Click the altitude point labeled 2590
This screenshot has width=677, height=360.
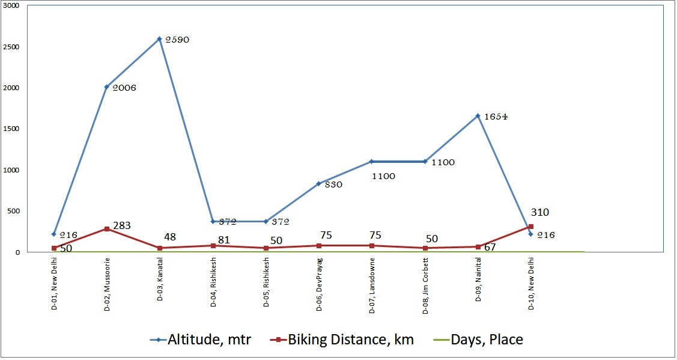click(160, 38)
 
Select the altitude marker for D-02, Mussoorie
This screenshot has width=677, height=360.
click(107, 87)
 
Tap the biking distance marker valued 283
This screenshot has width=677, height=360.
click(107, 229)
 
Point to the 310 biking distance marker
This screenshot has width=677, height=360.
click(531, 227)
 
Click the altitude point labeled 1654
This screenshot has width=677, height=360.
click(478, 115)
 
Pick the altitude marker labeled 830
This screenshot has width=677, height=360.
click(319, 183)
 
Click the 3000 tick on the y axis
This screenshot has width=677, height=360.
click(11, 5)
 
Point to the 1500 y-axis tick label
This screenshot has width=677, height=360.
click(11, 129)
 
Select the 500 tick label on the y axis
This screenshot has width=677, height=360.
click(13, 211)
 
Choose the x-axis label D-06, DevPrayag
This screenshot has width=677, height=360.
click(319, 286)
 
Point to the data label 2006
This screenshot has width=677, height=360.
click(124, 88)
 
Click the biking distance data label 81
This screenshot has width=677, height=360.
click(223, 239)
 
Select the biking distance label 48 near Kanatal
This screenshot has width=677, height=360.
click(170, 237)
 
